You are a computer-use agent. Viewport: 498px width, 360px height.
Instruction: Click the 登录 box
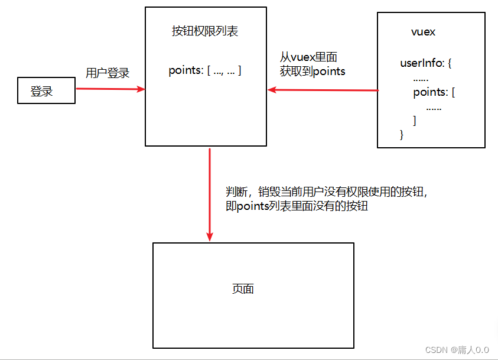[x=46, y=90]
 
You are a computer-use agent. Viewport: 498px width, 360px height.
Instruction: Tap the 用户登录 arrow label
[x=108, y=73]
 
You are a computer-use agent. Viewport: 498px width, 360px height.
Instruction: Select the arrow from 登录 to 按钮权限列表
[x=110, y=89]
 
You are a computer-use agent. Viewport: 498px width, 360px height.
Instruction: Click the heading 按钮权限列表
[x=205, y=31]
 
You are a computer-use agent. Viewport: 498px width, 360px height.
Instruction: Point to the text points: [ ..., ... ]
[x=204, y=70]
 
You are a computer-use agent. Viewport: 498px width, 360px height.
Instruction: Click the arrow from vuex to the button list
[x=323, y=90]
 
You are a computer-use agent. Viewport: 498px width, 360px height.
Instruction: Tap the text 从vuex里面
[x=309, y=57]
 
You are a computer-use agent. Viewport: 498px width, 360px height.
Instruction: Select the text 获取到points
[x=313, y=71]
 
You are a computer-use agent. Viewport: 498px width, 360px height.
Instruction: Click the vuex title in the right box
[x=423, y=32]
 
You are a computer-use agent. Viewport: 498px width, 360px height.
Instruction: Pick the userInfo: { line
[x=425, y=63]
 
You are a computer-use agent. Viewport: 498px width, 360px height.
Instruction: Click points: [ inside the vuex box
[x=434, y=92]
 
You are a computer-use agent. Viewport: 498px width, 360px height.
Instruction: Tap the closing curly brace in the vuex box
[x=402, y=135]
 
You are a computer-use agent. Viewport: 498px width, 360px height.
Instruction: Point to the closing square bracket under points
[x=415, y=121]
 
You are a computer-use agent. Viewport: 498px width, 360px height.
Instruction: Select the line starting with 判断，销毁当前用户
[x=326, y=192]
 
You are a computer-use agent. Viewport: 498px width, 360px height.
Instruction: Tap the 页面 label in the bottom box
[x=243, y=288]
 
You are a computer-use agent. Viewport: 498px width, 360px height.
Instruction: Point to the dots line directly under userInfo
[x=421, y=77]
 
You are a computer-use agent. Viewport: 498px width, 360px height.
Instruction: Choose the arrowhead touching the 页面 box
[x=210, y=236]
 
